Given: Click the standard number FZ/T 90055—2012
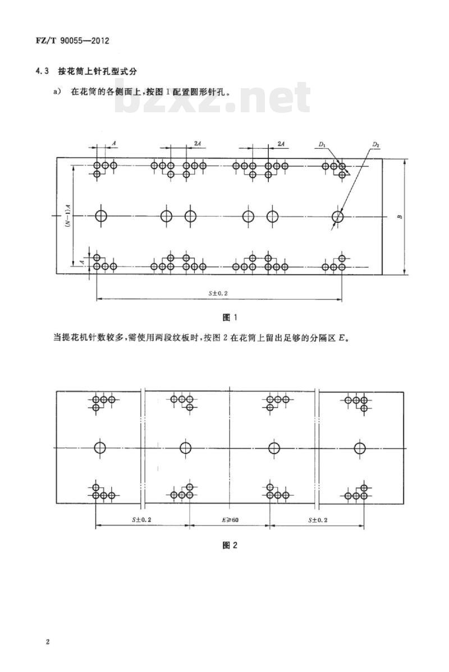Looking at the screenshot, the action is [x=73, y=41].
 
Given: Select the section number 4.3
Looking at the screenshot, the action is [x=43, y=71].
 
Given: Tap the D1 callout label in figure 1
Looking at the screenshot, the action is [x=322, y=145].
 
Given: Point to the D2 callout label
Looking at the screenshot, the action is [x=375, y=145].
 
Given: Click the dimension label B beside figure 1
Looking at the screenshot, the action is [x=400, y=217].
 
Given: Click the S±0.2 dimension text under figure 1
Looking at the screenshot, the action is [x=218, y=294].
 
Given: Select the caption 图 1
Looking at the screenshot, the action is [x=230, y=318].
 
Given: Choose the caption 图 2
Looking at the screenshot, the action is [x=230, y=545].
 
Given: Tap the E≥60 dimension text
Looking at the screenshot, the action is [x=230, y=520].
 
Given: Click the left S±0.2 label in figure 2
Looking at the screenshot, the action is [x=141, y=520].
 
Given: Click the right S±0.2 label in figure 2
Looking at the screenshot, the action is [x=318, y=520].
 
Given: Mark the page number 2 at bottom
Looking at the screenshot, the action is [x=48, y=642].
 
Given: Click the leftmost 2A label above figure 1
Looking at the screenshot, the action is [x=198, y=144].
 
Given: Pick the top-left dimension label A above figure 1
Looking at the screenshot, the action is [x=113, y=141].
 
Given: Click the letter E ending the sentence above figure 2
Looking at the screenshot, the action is [x=341, y=338].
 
